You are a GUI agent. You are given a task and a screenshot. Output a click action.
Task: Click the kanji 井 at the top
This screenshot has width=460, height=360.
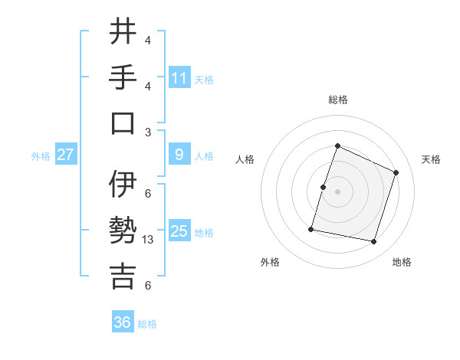tap(123, 32)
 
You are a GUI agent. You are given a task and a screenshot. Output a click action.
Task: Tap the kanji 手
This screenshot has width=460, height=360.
tap(123, 77)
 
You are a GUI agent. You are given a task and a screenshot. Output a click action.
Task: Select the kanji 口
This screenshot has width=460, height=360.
tap(123, 123)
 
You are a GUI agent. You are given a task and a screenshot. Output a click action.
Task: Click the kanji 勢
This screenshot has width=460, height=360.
tap(123, 231)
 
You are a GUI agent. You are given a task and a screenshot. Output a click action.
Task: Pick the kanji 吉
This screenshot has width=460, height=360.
tap(123, 277)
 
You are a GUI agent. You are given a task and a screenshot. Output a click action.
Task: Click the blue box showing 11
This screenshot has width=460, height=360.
tap(179, 78)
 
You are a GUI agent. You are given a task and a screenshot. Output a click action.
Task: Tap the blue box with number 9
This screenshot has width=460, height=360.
tap(179, 155)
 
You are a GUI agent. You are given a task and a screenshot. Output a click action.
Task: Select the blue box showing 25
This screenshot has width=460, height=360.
tap(179, 231)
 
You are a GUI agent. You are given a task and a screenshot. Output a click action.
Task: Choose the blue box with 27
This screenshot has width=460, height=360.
tap(66, 155)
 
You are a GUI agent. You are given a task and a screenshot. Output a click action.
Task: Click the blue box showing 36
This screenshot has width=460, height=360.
tap(123, 322)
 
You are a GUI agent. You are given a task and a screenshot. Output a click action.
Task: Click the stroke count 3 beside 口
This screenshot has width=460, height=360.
tap(148, 132)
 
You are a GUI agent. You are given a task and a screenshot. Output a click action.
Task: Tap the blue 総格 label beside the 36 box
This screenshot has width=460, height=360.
tap(147, 324)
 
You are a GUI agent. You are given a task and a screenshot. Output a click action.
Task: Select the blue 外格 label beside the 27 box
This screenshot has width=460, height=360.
tap(41, 156)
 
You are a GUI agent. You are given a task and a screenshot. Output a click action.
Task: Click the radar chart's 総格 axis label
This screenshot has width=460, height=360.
tap(337, 100)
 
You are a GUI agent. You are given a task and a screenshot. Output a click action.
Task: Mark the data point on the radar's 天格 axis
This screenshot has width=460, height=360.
tap(396, 172)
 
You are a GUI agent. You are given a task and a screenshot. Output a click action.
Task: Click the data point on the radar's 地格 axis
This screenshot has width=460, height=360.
tap(373, 241)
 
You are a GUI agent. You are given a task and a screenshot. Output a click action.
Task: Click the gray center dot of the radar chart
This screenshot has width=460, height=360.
tap(337, 191)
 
